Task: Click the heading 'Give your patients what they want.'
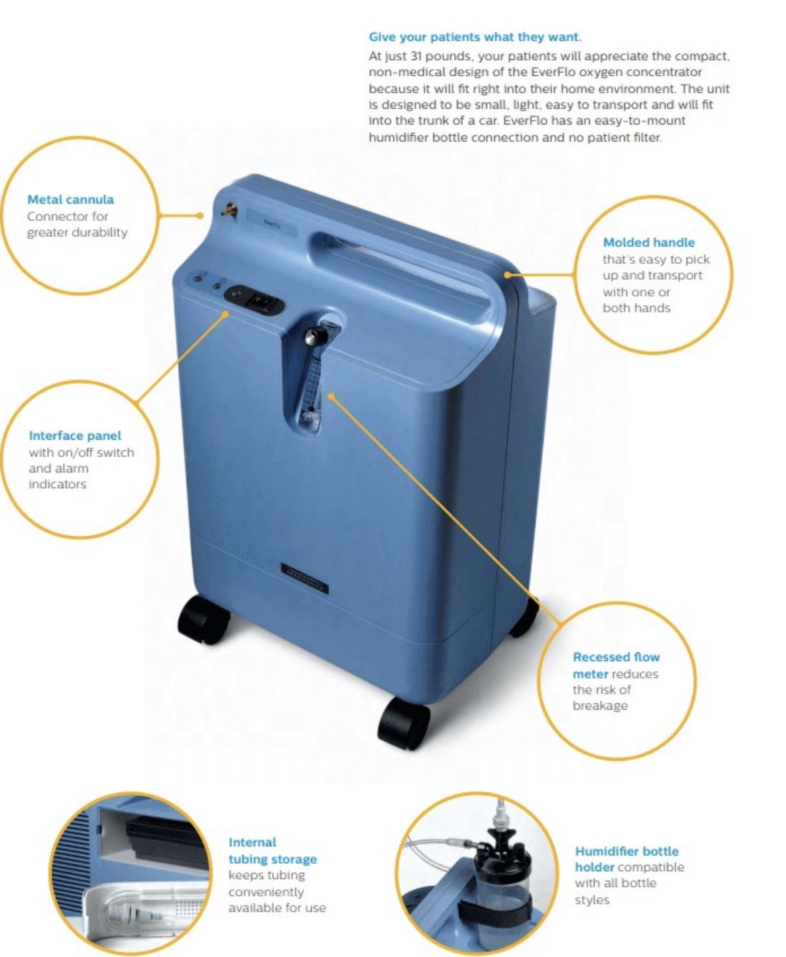tap(474, 37)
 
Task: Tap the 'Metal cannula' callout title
tap(70, 199)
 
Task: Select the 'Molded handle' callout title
tap(649, 243)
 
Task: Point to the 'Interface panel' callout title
tap(75, 436)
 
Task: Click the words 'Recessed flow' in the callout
tap(616, 657)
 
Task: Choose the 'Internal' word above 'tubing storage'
tap(252, 843)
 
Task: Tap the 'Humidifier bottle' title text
tap(627, 851)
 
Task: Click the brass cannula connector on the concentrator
tap(227, 209)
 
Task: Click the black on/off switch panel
tap(255, 299)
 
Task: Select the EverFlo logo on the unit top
tap(272, 223)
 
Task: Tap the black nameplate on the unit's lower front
tap(304, 577)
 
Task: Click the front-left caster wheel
tap(203, 620)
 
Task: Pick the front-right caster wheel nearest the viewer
tap(403, 725)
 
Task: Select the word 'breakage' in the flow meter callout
tap(600, 706)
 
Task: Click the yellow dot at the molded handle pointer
tap(507, 274)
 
